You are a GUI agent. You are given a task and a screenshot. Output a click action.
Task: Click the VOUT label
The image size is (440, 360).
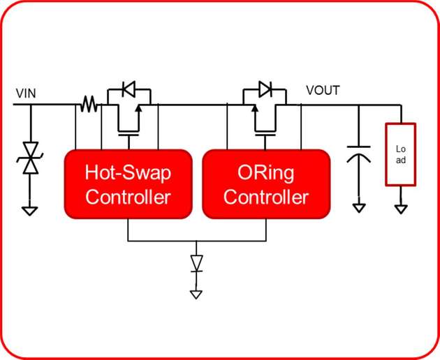(323, 91)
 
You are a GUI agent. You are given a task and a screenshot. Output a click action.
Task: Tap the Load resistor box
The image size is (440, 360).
(400, 154)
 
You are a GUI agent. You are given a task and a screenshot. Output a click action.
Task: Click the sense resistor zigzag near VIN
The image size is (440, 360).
(88, 105)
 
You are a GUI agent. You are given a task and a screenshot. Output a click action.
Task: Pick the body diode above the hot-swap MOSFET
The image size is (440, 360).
(129, 89)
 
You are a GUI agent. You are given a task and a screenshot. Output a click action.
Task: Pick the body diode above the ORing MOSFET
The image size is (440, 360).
(265, 89)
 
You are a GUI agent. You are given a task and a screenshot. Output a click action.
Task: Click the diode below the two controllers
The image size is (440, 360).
(196, 264)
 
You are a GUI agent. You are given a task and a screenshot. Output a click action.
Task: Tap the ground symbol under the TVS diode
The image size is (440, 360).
(29, 210)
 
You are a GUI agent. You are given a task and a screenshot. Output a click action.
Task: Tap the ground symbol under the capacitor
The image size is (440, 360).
(358, 207)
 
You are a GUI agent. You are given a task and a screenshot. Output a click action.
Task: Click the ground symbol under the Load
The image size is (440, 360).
(400, 208)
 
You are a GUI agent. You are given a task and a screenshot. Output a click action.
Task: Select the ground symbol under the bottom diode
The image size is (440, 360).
(196, 294)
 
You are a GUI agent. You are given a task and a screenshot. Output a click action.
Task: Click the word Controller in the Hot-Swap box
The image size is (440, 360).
(128, 197)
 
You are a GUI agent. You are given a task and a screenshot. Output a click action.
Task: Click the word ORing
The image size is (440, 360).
(265, 172)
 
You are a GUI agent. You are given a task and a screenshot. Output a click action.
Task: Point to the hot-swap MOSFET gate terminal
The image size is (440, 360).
(129, 138)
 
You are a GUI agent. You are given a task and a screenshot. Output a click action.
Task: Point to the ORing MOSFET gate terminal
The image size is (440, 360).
(265, 138)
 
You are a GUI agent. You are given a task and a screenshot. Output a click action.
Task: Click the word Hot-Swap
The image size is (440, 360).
(128, 172)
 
